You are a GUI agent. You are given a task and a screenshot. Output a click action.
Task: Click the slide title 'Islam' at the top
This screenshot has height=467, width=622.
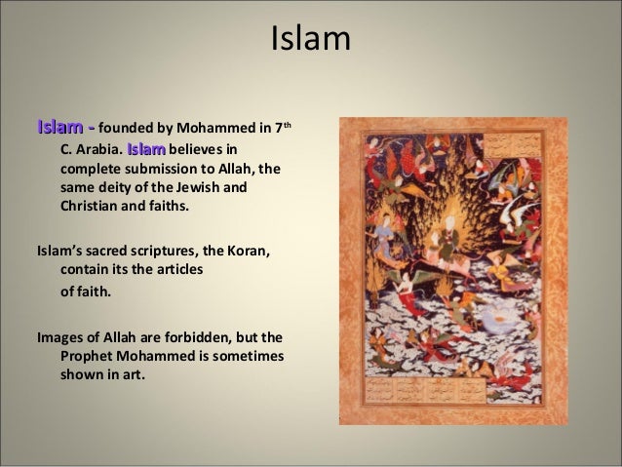pyautogui.click(x=310, y=40)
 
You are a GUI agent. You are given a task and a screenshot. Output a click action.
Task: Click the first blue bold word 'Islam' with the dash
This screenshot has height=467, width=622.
pyautogui.click(x=64, y=127)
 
